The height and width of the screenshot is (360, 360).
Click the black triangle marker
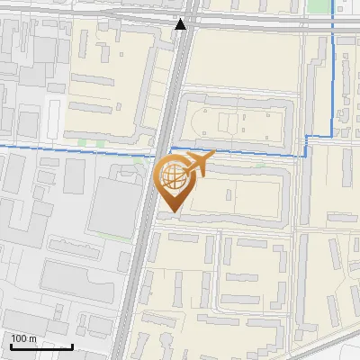point(181,24)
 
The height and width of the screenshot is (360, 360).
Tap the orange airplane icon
point(198,163)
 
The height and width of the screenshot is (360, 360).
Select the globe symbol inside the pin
point(171,175)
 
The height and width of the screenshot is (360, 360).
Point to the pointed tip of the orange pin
point(171,212)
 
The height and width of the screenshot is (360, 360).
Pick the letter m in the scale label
point(32,339)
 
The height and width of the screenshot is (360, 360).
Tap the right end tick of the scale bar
point(72,345)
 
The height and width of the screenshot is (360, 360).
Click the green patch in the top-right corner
point(317,4)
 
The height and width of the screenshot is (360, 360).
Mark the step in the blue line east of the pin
point(306,144)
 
